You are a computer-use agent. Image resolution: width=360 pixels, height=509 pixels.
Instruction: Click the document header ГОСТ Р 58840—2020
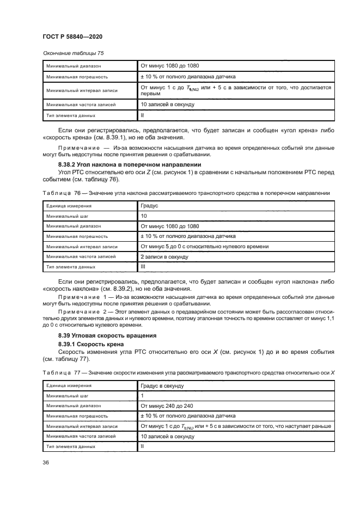(72, 36)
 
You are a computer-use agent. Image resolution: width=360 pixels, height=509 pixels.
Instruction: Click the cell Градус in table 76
(150, 206)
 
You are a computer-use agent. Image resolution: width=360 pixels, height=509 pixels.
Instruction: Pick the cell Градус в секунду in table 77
(162, 385)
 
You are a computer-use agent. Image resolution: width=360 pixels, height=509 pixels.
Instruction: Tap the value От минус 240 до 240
(167, 406)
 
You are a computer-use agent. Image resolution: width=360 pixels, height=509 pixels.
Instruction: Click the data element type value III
(143, 267)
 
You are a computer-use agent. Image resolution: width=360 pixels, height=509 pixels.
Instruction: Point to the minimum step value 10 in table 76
(144, 216)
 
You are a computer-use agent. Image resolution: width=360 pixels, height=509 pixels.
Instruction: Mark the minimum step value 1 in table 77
(142, 395)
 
